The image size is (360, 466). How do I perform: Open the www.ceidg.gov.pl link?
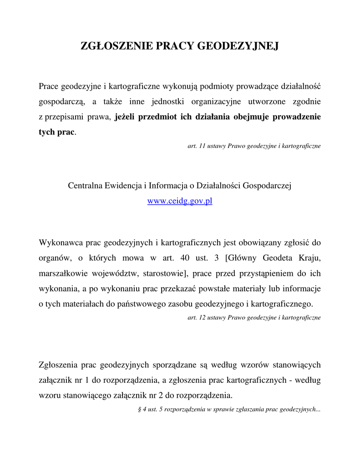click(x=180, y=201)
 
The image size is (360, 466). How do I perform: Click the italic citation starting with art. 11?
click(x=254, y=146)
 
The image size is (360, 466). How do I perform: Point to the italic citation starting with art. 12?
click(x=254, y=318)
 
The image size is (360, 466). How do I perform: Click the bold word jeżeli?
click(x=126, y=116)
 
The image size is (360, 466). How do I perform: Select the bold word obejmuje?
click(x=253, y=116)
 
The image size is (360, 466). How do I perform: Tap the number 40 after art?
click(x=185, y=258)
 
